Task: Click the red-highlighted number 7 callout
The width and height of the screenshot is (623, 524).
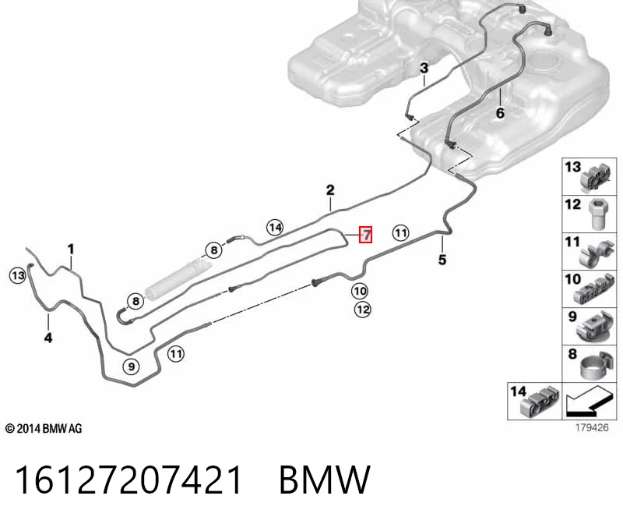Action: pos(365,235)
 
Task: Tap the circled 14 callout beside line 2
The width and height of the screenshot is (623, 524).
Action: pos(275,228)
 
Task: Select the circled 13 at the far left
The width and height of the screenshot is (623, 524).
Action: pos(17,276)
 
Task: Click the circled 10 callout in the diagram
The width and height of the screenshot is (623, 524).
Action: pos(360,291)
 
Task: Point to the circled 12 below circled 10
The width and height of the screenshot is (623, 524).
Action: pos(362,310)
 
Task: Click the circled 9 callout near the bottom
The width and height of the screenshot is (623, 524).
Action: pos(132,366)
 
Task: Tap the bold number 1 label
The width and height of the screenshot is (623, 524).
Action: pos(71,250)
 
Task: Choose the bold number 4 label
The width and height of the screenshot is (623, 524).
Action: pos(48,338)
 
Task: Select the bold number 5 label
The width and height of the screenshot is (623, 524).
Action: pos(442,260)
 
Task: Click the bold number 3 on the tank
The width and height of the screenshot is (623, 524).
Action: pos(424,68)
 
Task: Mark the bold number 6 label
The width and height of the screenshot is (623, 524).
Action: pos(500,113)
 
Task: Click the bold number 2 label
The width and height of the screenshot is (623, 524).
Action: pos(330,190)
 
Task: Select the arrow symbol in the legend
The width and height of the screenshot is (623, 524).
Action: pos(588,402)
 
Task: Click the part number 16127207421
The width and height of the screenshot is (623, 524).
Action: pos(128,480)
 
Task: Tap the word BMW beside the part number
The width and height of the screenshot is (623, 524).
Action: pos(325,480)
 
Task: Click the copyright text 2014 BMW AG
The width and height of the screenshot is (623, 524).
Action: pos(44,429)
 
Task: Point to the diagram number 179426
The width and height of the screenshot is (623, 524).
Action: pos(592,427)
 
